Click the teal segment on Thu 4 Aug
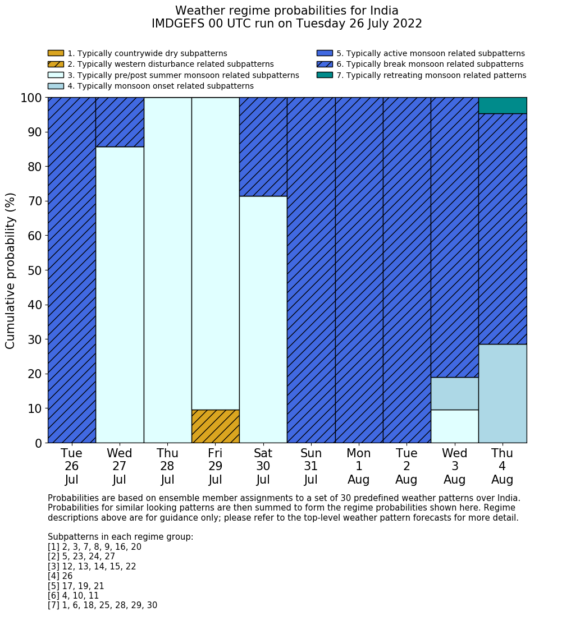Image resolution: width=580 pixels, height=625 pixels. click(x=503, y=105)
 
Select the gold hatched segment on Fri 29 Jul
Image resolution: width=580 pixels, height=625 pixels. click(x=216, y=426)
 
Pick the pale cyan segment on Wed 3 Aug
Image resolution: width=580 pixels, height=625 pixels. click(x=455, y=426)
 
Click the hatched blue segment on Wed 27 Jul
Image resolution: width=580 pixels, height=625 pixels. click(x=120, y=122)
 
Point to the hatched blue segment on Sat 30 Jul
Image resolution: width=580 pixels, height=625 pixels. click(x=263, y=147)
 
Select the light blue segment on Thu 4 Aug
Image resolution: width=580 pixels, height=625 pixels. click(x=503, y=393)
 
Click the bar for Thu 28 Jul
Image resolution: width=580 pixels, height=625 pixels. click(x=168, y=270)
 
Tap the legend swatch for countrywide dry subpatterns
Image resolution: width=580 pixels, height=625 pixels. click(x=56, y=53)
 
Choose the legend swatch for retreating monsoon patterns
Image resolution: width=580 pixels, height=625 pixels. click(x=325, y=75)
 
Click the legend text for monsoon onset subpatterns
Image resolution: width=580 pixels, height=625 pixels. click(x=161, y=86)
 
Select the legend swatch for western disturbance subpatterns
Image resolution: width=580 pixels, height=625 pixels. click(x=56, y=65)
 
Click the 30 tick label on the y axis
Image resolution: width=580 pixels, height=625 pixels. click(x=35, y=339)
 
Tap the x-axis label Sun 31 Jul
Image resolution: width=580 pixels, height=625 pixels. click(x=311, y=466)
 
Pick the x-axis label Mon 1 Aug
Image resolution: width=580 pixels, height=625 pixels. click(x=359, y=466)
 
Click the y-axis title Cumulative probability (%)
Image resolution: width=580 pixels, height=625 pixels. click(x=10, y=270)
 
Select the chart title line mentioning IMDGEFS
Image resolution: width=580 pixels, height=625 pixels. click(x=287, y=24)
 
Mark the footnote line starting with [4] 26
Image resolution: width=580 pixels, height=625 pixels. click(x=60, y=576)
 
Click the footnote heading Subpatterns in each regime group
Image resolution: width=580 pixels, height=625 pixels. click(x=121, y=537)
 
